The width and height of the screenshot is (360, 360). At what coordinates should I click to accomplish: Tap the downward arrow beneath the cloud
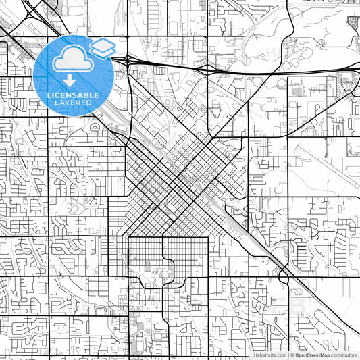[68, 78]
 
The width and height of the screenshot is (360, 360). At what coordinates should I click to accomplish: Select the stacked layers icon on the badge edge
[103, 47]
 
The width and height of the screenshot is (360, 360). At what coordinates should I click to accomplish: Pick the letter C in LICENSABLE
[55, 95]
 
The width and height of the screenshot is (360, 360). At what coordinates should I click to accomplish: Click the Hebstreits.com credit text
[269, 355]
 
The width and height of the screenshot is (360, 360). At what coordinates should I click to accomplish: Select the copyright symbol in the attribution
[292, 355]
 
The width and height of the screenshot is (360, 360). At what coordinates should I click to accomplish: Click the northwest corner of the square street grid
[128, 238]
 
